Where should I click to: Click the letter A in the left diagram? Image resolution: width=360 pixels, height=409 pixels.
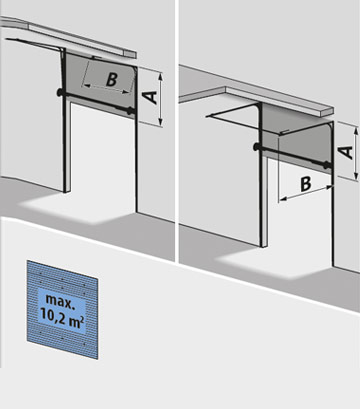149,95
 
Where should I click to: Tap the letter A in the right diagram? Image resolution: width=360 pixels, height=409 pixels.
343,151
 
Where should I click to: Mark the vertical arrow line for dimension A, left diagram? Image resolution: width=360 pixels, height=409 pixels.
160,96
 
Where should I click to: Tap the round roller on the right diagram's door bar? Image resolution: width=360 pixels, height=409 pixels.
258,148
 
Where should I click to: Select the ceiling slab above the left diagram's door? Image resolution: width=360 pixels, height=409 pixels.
70,38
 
